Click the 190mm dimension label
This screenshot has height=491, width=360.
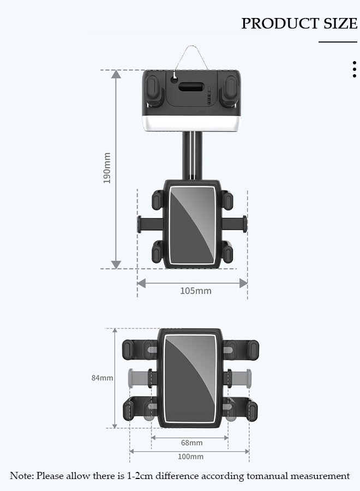(x=107, y=167)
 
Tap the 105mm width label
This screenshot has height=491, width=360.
(x=196, y=291)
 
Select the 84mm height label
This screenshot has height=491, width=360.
(x=102, y=378)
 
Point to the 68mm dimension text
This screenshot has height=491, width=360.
(x=191, y=442)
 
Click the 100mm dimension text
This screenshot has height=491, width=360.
(x=190, y=457)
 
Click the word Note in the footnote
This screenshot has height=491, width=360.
(x=21, y=476)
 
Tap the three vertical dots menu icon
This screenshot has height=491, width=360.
(x=355, y=70)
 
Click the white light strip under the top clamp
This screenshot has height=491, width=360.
(x=191, y=125)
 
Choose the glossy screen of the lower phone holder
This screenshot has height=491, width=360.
(x=191, y=377)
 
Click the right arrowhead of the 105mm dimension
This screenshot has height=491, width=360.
(x=243, y=283)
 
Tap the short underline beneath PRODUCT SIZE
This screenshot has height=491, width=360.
(x=338, y=42)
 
